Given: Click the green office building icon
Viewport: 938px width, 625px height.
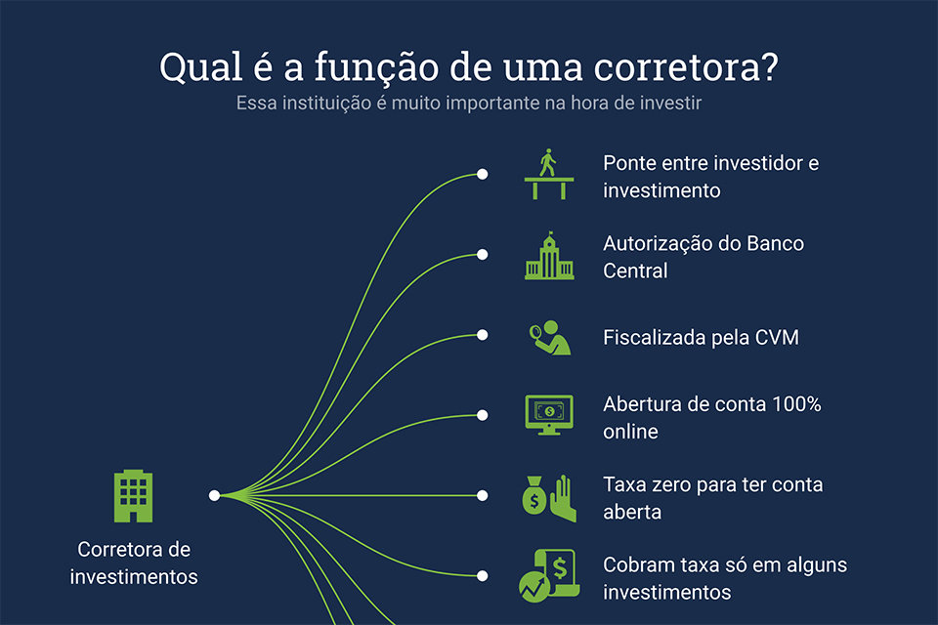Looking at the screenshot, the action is pos(134,496).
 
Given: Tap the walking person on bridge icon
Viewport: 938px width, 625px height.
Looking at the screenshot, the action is pos(549,174).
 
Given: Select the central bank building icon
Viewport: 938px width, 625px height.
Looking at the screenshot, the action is pos(549,256).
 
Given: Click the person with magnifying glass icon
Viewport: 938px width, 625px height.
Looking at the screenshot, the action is pos(550,338).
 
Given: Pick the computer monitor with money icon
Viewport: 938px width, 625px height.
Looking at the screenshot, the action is pos(549,415).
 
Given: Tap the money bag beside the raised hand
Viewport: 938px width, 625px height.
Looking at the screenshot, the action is pos(534,495).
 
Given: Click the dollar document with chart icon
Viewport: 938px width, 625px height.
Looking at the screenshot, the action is pos(549,575).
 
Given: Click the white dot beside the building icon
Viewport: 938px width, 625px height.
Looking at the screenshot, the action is pos(214,495).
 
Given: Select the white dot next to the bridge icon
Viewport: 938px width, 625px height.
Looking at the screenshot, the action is pos(482,174).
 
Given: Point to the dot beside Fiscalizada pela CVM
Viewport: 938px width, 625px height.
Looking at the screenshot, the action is pos(482,335).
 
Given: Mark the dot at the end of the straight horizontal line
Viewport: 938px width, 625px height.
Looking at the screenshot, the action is pos(482,495).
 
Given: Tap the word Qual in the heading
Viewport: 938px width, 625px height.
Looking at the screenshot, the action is pos(201,67).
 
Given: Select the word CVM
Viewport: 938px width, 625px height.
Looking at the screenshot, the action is pos(777,337).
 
